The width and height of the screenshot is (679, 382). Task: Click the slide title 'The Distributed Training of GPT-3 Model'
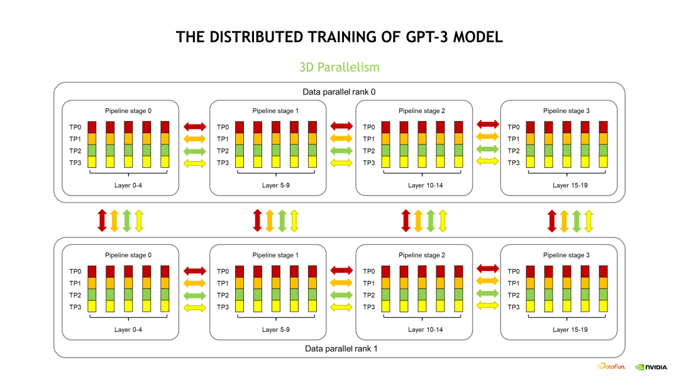point(339,37)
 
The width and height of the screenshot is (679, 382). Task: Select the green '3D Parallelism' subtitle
point(339,67)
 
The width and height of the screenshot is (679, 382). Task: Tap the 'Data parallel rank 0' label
point(339,92)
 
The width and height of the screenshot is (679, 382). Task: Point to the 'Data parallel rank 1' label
point(339,348)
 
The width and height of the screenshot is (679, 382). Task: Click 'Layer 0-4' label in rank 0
point(128,185)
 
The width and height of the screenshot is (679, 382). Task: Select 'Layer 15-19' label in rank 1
point(570,329)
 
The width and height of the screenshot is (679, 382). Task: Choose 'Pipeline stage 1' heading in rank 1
point(275,255)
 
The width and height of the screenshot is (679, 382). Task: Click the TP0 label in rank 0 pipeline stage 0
point(75,127)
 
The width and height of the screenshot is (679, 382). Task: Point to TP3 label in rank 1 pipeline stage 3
point(514,307)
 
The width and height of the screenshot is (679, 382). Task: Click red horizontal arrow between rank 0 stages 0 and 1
point(194,126)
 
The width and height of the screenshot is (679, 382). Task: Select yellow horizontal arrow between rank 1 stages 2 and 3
point(487,305)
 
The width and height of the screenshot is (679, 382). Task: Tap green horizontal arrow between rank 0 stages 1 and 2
point(341,151)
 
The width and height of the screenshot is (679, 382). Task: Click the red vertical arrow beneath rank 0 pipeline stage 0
point(102,220)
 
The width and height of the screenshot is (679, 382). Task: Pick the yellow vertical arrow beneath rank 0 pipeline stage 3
point(588,221)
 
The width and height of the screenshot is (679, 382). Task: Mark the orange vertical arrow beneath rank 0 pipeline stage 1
point(270,220)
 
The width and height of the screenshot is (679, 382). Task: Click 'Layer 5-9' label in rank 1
point(276,329)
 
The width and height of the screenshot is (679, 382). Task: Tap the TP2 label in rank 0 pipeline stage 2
point(369,151)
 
